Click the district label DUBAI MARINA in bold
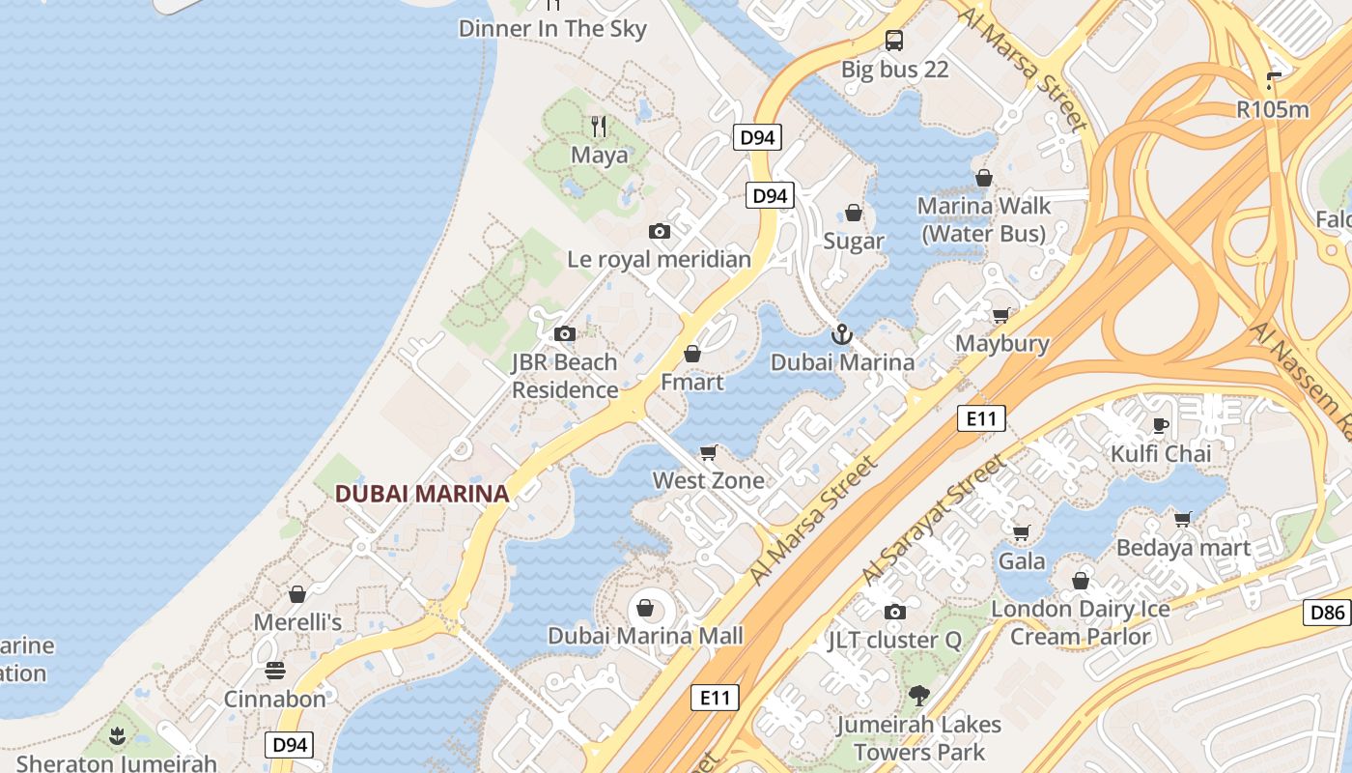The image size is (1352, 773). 421,494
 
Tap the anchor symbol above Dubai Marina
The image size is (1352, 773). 842,334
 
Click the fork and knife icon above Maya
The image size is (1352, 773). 599,126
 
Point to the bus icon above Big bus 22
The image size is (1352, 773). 894,41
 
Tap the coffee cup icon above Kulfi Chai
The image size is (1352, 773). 1161,425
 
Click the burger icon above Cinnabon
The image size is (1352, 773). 275,670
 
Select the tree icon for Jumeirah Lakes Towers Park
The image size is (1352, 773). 918,695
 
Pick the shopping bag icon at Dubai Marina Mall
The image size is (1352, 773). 644,608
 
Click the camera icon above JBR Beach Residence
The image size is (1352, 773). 565,334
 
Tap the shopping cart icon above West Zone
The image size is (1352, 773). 709,452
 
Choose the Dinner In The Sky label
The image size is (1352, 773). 552,29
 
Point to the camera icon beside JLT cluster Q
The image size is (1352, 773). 894,612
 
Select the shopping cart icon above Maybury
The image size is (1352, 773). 1001,315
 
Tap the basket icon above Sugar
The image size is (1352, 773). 854,213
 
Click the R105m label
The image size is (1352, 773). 1273,109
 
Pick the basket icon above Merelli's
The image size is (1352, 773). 297,594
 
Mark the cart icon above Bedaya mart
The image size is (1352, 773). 1183,520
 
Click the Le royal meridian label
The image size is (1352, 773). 659,259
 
